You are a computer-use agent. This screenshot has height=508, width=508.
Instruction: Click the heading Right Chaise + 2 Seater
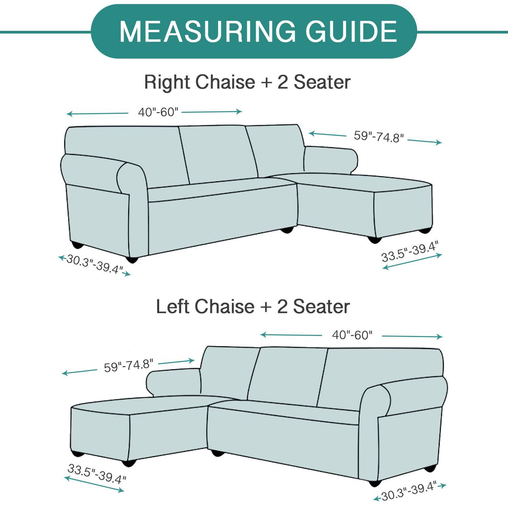click(247, 82)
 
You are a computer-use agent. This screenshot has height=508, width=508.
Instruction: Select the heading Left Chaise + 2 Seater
click(253, 306)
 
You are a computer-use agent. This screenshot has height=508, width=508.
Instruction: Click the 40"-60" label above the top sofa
click(158, 112)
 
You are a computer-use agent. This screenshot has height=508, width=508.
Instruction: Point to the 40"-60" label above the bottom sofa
click(352, 335)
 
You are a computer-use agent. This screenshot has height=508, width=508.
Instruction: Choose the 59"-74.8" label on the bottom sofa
click(129, 366)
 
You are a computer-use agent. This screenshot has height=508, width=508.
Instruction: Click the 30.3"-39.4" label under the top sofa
click(94, 264)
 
